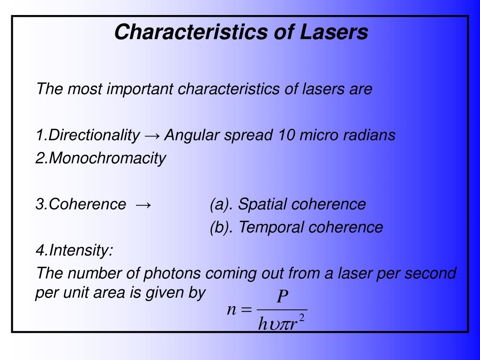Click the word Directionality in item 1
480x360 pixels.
[94, 135]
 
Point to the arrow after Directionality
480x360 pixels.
[152, 136]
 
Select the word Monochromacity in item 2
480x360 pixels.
[107, 158]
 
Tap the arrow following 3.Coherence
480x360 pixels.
[143, 205]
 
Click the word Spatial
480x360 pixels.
[262, 204]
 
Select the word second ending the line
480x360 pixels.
[430, 273]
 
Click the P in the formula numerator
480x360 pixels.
[282, 297]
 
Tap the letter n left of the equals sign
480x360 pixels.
[231, 310]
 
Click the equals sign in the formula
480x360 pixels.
[247, 310]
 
